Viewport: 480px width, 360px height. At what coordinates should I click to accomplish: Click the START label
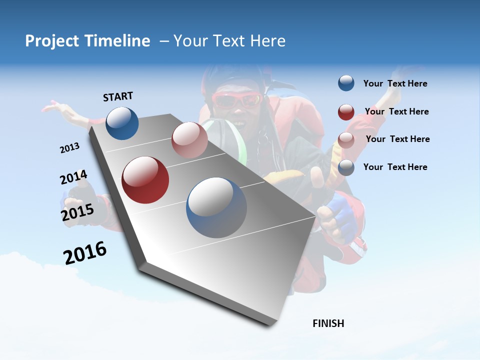click(x=118, y=96)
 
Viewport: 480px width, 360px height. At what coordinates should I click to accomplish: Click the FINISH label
click(x=328, y=323)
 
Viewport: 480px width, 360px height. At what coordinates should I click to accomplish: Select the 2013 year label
click(x=70, y=148)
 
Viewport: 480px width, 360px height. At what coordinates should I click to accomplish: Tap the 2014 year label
click(x=73, y=177)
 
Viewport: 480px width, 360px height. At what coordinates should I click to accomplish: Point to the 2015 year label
click(x=77, y=212)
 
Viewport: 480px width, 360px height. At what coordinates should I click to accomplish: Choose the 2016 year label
click(x=85, y=253)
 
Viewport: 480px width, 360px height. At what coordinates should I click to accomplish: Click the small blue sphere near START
click(x=122, y=123)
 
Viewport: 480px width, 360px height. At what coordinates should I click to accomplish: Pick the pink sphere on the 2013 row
click(x=189, y=140)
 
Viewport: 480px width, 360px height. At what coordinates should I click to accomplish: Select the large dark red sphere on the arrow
click(x=145, y=180)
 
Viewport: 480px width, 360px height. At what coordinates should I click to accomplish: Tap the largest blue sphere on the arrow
click(x=216, y=207)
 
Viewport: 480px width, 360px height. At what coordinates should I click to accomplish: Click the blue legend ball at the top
click(x=346, y=83)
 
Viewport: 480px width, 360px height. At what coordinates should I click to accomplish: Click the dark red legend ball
click(x=346, y=112)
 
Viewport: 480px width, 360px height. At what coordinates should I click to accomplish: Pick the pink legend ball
click(x=346, y=139)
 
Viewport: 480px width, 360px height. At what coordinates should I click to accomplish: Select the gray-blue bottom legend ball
click(x=346, y=167)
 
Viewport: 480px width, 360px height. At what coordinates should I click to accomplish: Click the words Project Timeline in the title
click(x=87, y=41)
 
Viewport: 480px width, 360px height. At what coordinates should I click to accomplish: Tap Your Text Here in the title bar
click(x=229, y=41)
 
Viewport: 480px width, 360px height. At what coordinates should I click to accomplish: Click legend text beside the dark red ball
click(x=396, y=111)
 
